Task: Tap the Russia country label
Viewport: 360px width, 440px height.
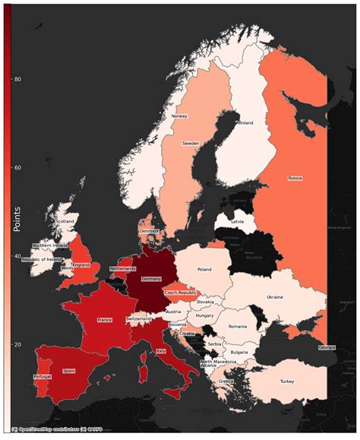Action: click(x=295, y=178)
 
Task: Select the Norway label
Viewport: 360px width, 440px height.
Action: click(x=179, y=116)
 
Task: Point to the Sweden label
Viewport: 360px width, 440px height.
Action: click(x=191, y=143)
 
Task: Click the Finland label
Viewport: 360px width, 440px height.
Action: click(x=245, y=122)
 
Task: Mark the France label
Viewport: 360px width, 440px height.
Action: click(x=105, y=320)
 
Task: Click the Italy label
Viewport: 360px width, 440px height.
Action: click(x=160, y=350)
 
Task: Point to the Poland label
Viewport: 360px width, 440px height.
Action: click(x=204, y=269)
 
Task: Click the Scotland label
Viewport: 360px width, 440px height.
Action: click(x=65, y=221)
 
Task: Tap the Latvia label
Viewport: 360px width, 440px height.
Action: click(x=237, y=221)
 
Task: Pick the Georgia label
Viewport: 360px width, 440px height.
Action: click(x=327, y=347)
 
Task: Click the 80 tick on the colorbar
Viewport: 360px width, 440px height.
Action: click(x=17, y=79)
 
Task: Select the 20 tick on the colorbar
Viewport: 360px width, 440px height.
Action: click(x=17, y=344)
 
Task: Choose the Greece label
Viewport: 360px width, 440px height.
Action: click(x=226, y=381)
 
